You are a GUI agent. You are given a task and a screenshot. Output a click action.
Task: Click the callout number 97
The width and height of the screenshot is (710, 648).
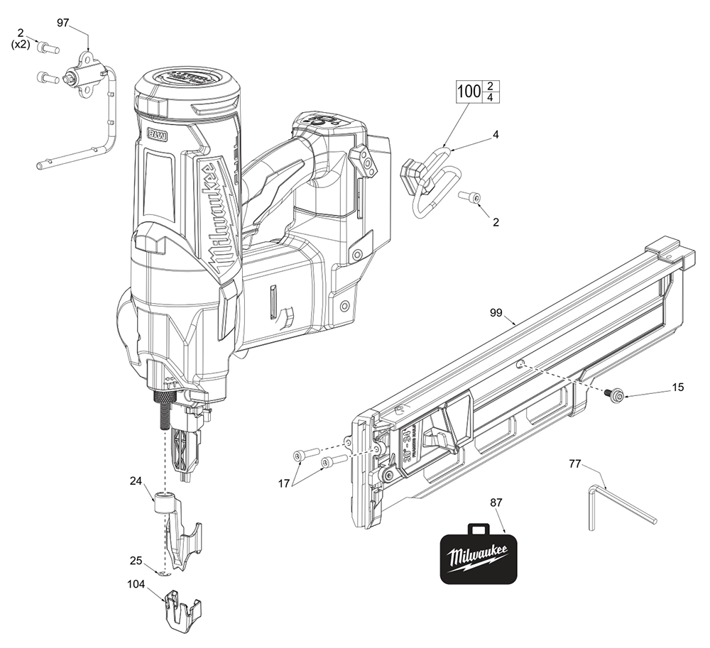(62, 23)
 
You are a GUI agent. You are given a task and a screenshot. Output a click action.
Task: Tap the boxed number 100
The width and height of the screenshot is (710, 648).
(469, 92)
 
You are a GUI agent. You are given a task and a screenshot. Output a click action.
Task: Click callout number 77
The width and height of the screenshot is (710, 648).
(576, 463)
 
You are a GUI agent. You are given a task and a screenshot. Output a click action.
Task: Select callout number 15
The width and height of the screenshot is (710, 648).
(678, 387)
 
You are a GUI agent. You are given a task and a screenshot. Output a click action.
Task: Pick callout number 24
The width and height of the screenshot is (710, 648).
(136, 480)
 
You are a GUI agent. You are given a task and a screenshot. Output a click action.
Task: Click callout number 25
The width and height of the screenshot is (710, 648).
(136, 561)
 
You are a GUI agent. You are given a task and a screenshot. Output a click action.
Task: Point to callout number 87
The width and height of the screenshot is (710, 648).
(496, 502)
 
